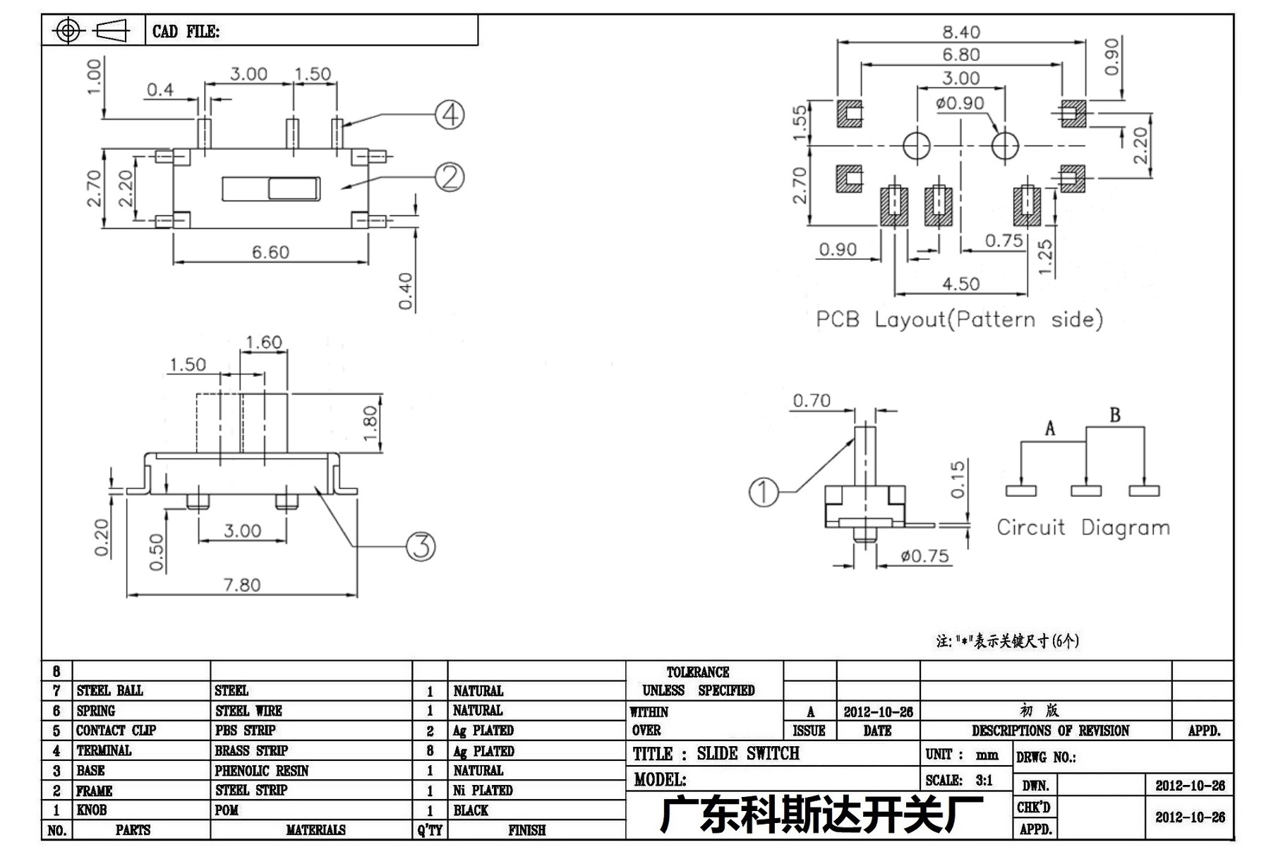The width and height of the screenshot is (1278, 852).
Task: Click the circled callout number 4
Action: pos(450,115)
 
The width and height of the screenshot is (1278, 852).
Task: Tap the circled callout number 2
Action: pos(450,177)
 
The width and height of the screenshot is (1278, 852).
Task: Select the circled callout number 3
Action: pos(421,546)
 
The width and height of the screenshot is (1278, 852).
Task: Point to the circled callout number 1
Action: pos(764,492)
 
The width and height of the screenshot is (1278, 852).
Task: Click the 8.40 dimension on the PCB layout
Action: pos(961,32)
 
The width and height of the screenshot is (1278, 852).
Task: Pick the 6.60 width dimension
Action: pos(271,252)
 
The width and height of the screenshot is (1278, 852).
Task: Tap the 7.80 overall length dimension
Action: pos(242,584)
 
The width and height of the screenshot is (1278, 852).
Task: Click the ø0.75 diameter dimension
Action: pos(924,556)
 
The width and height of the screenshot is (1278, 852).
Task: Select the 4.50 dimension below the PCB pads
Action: pos(961,284)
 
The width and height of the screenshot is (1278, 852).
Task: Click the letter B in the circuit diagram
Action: pos(1115,415)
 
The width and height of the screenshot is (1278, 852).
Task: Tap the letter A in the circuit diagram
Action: pos(1050,428)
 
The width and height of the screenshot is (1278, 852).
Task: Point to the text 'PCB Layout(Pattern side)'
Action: pos(960,320)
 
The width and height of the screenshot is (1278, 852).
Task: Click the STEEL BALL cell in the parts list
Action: pos(110,690)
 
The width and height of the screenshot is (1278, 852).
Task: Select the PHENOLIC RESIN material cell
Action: pos(262,771)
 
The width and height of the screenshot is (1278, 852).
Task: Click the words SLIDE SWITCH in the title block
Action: pos(748,754)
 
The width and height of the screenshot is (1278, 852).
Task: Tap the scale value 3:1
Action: pos(984,781)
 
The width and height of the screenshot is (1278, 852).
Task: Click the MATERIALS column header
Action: pos(315,831)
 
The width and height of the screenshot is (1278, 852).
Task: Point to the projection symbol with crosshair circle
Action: pos(68,30)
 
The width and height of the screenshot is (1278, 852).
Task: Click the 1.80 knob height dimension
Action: pos(370,422)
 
